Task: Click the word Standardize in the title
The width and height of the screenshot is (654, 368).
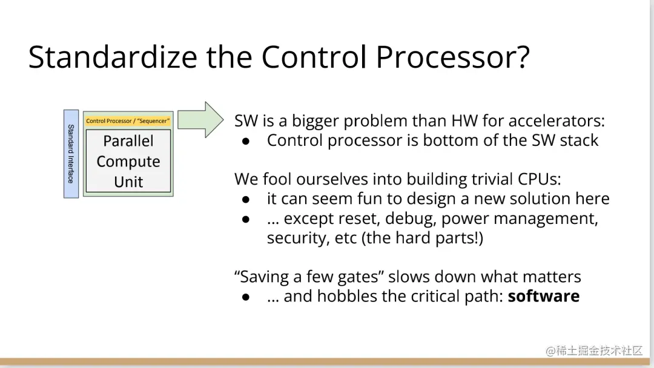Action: [113, 57]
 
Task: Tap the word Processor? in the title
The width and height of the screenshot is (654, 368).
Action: [452, 57]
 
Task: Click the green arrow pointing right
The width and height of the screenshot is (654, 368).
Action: [200, 120]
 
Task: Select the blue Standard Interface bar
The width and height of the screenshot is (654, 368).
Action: [71, 154]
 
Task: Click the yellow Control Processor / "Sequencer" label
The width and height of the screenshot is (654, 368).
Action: [128, 121]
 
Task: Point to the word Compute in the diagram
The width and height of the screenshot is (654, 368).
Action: [128, 161]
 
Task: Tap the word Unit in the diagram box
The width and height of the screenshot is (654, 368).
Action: [128, 182]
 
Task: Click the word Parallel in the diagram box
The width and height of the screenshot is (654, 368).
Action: [128, 141]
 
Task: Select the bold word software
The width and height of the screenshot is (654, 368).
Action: [543, 296]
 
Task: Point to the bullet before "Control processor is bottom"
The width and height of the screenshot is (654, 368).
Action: [246, 142]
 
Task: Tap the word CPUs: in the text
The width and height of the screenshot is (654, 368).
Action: [540, 179]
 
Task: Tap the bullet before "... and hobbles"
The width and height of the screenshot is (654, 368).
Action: [246, 297]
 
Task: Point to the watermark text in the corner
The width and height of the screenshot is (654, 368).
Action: [595, 350]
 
